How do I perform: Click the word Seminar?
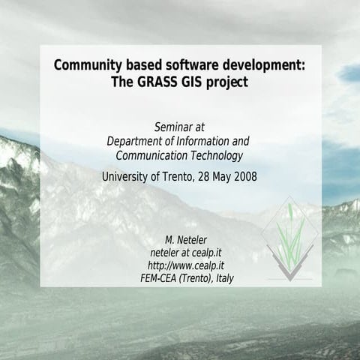point(172,127)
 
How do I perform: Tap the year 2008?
point(244,177)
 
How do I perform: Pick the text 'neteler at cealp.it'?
point(189,253)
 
